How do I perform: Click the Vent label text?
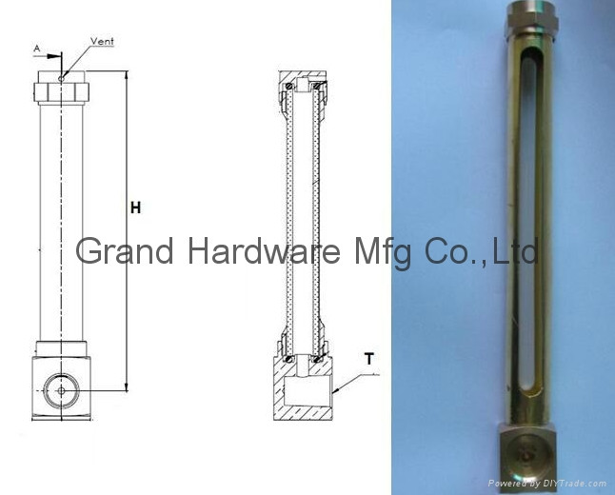(102, 41)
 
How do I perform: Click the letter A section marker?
(37, 49)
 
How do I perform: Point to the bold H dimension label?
(136, 208)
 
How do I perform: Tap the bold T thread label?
(369, 359)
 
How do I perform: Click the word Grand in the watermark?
(125, 251)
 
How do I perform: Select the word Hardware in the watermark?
(265, 251)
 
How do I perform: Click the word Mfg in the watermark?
(383, 253)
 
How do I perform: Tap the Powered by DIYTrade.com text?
(547, 484)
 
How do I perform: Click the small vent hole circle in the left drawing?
(61, 79)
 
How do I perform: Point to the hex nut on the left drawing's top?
(61, 92)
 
